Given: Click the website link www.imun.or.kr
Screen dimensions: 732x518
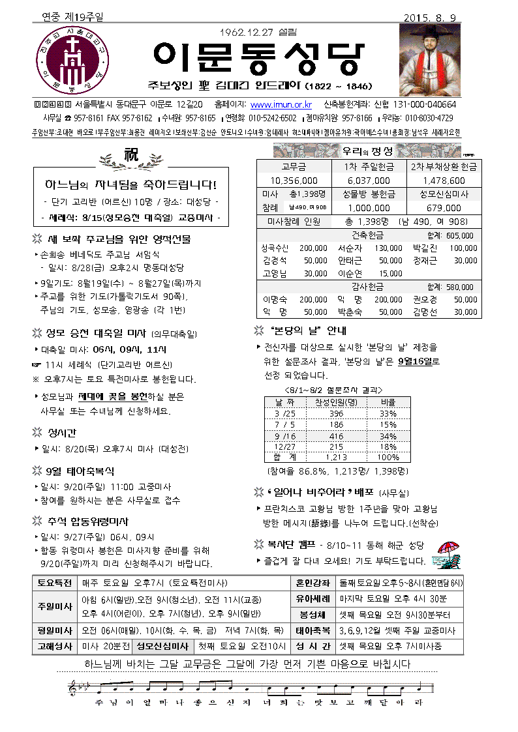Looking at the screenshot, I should [281, 104].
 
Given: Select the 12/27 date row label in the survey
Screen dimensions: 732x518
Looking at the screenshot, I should [285, 447].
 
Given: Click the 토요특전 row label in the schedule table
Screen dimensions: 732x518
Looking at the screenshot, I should [54, 583].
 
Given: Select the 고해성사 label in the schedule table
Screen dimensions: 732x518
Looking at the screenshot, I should [54, 646].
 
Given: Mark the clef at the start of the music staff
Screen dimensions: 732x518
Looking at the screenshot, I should [72, 687].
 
